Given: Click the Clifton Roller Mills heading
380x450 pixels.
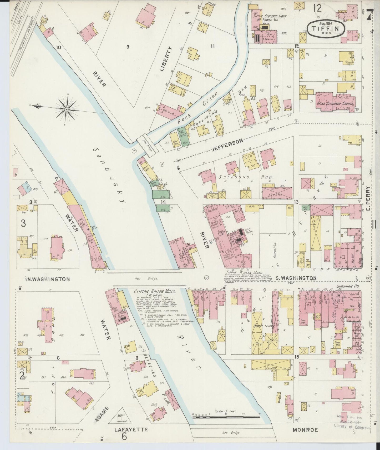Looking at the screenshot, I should tap(155, 292).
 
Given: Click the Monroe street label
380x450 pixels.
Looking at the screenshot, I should tap(305, 430).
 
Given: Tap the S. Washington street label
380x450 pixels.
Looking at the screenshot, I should tap(296, 278).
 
